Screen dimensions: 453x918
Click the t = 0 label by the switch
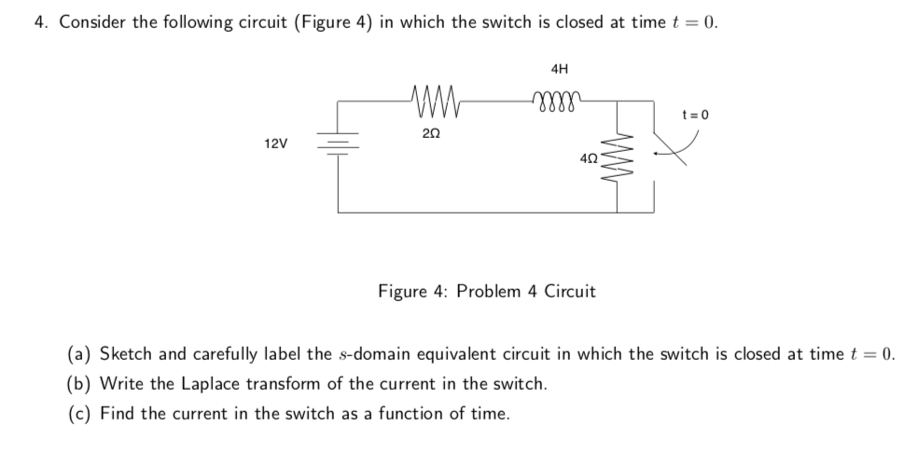click(x=695, y=116)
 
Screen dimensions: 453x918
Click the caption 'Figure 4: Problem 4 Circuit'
click(x=486, y=291)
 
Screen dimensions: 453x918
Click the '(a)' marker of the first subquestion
click(x=79, y=353)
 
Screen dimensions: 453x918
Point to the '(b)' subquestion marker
click(x=79, y=383)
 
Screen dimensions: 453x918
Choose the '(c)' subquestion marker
click(x=79, y=413)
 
